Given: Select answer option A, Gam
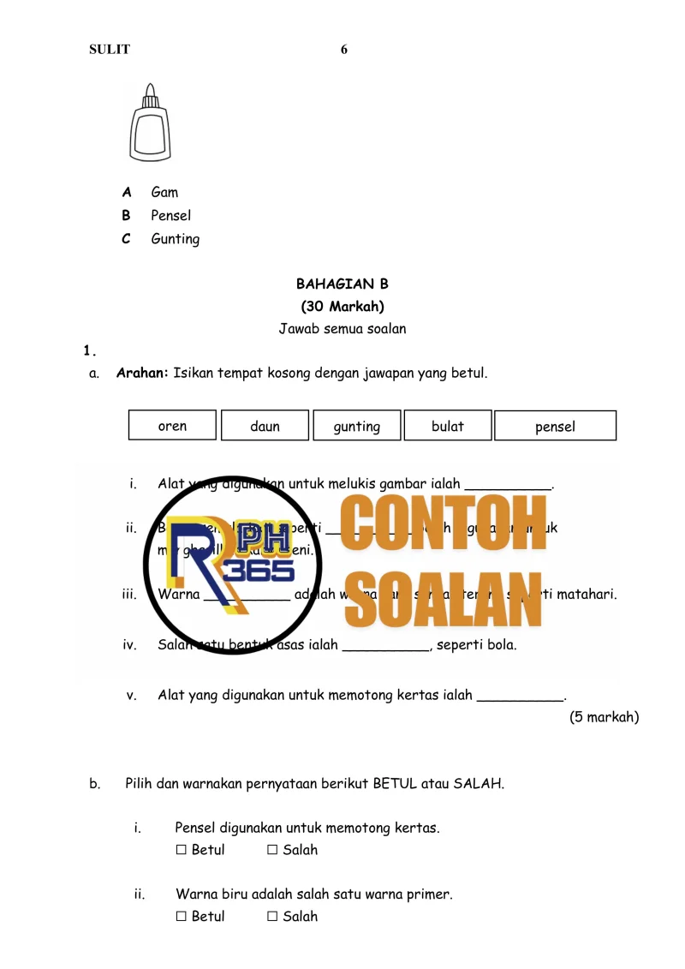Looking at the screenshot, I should click(x=164, y=192).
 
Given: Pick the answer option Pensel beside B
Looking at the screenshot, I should click(x=170, y=215).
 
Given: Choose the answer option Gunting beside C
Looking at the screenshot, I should click(x=175, y=239).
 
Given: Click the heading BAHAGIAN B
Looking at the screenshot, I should click(x=342, y=284).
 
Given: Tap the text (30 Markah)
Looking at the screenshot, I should click(x=342, y=306).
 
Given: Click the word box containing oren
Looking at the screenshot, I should click(x=172, y=426).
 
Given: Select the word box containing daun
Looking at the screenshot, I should click(x=265, y=426).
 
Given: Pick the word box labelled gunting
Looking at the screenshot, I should click(x=356, y=426).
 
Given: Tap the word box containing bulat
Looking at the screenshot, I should click(x=448, y=426).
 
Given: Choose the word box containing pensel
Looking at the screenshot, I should click(x=555, y=426).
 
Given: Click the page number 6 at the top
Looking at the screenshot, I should click(x=344, y=50).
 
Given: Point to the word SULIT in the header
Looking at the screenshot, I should click(x=110, y=50).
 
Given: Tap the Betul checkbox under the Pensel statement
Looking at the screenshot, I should click(x=181, y=850).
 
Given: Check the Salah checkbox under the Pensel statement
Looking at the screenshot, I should click(x=272, y=850).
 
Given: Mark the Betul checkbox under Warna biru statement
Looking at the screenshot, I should click(x=181, y=917).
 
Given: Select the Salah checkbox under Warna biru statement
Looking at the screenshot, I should click(x=272, y=917).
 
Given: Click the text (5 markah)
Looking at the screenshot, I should click(x=604, y=717).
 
